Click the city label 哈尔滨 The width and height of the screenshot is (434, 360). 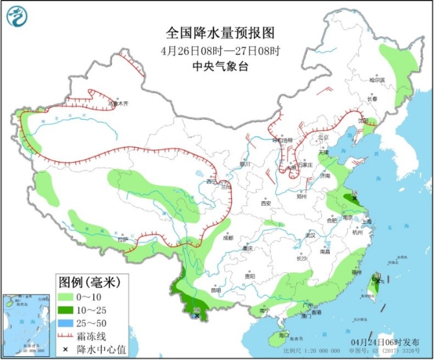click(x=376, y=81)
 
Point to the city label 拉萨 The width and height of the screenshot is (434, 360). click(x=123, y=239)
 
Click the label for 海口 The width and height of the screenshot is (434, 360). click(x=283, y=335)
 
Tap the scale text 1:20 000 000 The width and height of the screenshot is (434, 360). click(x=322, y=351)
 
